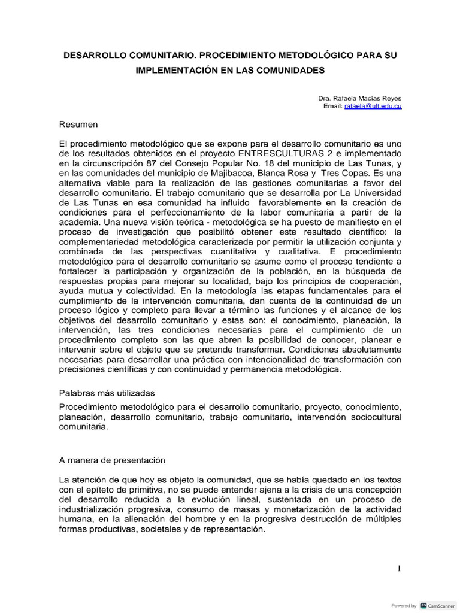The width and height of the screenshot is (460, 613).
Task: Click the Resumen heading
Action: coord(78,125)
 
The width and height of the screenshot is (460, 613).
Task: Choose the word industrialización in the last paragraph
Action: coord(93,509)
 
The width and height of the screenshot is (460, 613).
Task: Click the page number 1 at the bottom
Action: coord(398,569)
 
